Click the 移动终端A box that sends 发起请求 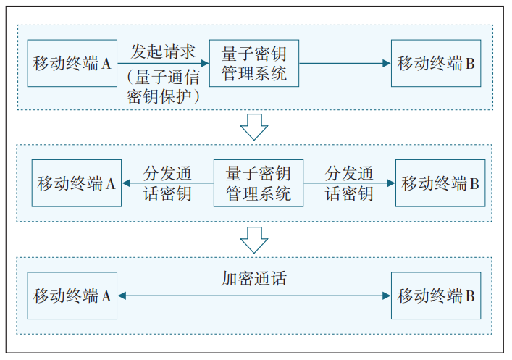coord(72,64)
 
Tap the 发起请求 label coord(163,52)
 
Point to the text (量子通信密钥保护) coord(163,86)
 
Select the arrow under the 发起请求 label coord(163,64)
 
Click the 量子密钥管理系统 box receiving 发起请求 coord(254,64)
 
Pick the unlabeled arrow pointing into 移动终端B coord(345,64)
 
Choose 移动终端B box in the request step coord(436,64)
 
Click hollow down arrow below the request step coord(254,127)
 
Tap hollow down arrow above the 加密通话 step coord(254,240)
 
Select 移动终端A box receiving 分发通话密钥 coord(76,183)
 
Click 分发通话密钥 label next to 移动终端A coord(167,183)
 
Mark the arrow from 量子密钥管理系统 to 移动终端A coord(167,183)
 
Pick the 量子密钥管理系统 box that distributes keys coord(259,183)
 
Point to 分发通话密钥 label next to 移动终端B coord(349,183)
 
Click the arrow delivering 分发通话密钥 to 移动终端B coord(349,183)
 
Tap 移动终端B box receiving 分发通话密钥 coord(440,183)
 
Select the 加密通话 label coord(254,279)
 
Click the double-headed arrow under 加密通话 coord(254,296)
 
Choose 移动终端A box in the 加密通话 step coord(72,296)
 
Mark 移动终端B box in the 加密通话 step coord(436,296)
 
